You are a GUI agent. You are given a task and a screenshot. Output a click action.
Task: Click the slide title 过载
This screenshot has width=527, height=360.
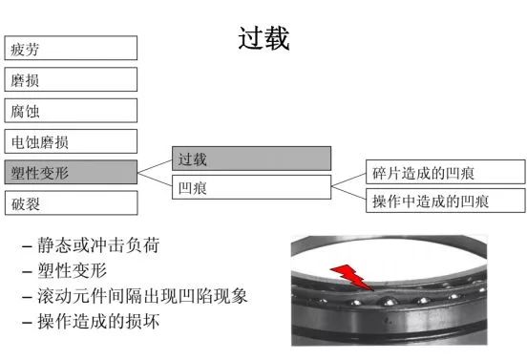tap(263, 38)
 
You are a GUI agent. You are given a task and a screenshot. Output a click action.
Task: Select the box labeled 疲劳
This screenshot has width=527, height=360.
tap(71, 48)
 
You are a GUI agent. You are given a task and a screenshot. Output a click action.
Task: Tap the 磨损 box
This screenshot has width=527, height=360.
tap(71, 79)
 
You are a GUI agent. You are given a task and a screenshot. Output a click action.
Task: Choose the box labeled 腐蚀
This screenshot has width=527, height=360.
tap(71, 111)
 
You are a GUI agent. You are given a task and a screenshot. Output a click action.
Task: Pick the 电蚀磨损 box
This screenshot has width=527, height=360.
tap(71, 141)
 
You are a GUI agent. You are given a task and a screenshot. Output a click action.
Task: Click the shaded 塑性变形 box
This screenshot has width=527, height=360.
tap(71, 172)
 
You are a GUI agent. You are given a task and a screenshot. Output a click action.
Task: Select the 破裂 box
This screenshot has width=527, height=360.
tap(71, 203)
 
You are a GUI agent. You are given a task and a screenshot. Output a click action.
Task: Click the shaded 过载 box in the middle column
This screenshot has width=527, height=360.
tap(251, 159)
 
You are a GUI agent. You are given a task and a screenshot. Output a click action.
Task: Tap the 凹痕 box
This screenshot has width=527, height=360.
tap(251, 187)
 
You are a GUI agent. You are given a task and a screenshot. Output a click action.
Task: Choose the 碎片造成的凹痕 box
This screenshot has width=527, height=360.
tap(445, 172)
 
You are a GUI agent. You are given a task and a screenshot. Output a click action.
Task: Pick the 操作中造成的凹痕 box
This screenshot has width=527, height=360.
tap(445, 201)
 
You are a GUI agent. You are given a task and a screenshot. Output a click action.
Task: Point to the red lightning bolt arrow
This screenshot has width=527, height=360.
tap(352, 277)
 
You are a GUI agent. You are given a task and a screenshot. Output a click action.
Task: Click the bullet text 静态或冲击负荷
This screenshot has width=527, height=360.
tap(98, 245)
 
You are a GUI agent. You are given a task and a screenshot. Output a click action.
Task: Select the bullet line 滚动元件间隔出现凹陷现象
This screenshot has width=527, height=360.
tap(142, 296)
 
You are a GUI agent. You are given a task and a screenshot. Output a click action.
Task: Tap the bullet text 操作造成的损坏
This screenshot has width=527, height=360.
tap(98, 322)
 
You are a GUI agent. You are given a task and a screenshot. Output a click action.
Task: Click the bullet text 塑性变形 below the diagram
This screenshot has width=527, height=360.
tap(73, 270)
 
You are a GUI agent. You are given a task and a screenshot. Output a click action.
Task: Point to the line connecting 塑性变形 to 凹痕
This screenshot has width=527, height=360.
tap(155, 180)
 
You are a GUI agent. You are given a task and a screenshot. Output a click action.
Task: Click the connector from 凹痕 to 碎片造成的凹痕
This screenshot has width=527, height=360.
tap(348, 180)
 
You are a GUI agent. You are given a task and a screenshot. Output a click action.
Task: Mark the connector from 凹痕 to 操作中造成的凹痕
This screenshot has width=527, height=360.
tap(348, 193)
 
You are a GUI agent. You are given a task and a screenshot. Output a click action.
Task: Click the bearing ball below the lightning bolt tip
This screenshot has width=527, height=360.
tap(389, 301)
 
